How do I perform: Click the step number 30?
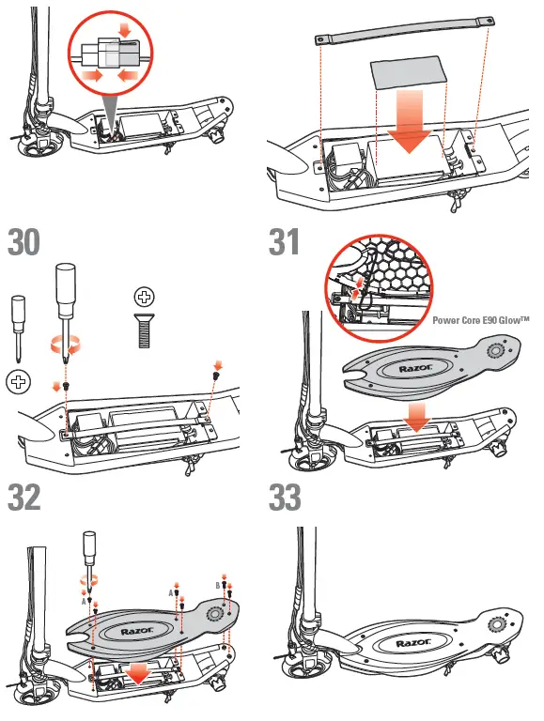tap(25, 242)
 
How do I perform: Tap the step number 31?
tap(287, 242)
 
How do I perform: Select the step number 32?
tap(25, 497)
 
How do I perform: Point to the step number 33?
tap(287, 497)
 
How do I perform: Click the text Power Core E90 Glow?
tap(480, 320)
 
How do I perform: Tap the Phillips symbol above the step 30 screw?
tap(144, 298)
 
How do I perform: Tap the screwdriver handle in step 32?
tap(89, 548)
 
